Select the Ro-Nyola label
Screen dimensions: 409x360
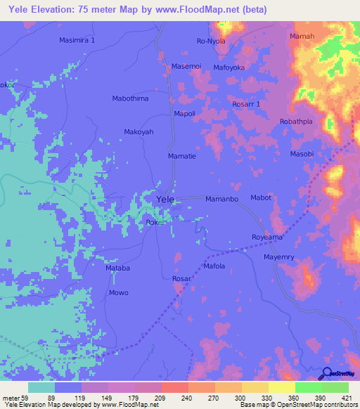click(210, 41)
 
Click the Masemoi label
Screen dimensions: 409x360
click(187, 67)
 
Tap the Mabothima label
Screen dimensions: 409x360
click(131, 98)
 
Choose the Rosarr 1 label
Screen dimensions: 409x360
click(246, 104)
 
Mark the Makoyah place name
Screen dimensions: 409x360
click(139, 131)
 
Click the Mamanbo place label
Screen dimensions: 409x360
click(222, 200)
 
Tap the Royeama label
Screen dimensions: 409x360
click(268, 238)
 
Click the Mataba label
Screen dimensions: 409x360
click(117, 268)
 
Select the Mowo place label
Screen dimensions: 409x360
click(118, 292)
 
